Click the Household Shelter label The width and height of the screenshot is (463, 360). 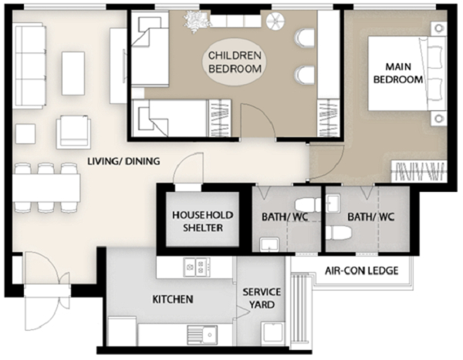pos(202,221)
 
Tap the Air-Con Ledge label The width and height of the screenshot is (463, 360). pos(361,271)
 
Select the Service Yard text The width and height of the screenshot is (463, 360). pos(262,298)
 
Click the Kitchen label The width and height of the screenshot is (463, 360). pos(173,299)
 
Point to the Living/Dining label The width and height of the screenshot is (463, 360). pos(123,161)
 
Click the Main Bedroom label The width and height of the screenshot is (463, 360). pos(398,73)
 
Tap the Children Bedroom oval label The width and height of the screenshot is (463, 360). pos(235,62)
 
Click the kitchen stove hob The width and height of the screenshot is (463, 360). pos(197,267)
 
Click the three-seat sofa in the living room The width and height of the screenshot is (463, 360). pos(30,67)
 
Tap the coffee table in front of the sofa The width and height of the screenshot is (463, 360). pos(73,73)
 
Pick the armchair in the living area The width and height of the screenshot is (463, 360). pos(73,132)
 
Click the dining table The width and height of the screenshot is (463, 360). pos(46,187)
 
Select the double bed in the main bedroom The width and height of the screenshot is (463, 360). pos(407,73)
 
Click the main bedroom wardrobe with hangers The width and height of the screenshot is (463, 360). pos(419,171)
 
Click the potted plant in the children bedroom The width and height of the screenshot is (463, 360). pos(197,22)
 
